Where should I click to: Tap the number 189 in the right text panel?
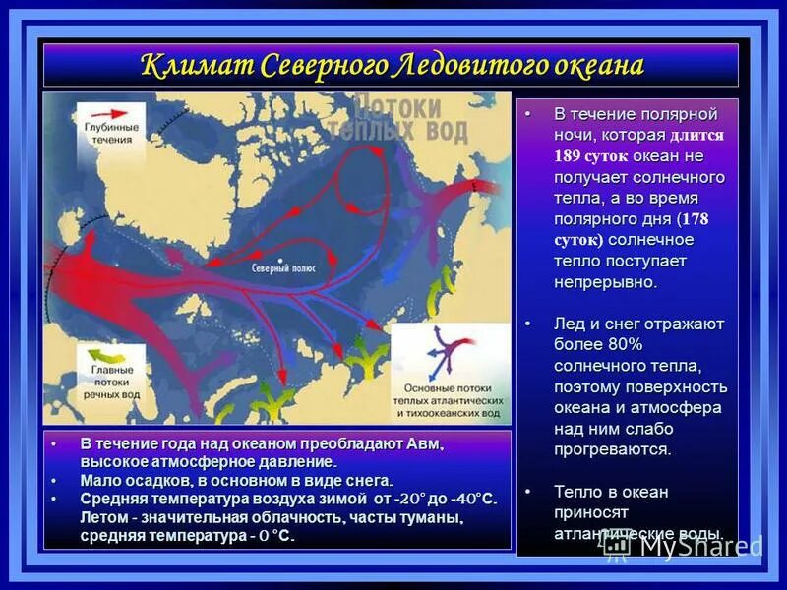567,156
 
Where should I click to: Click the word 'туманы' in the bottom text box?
432,517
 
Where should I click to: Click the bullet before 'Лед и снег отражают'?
528,323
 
